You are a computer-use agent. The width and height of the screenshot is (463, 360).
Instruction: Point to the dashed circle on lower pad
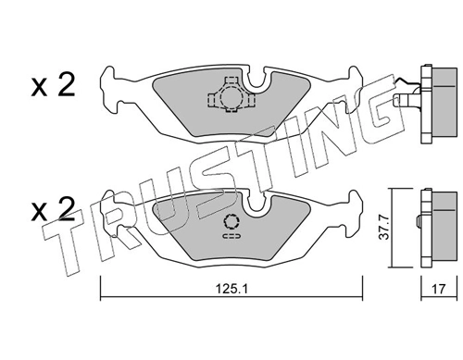click(232, 221)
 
